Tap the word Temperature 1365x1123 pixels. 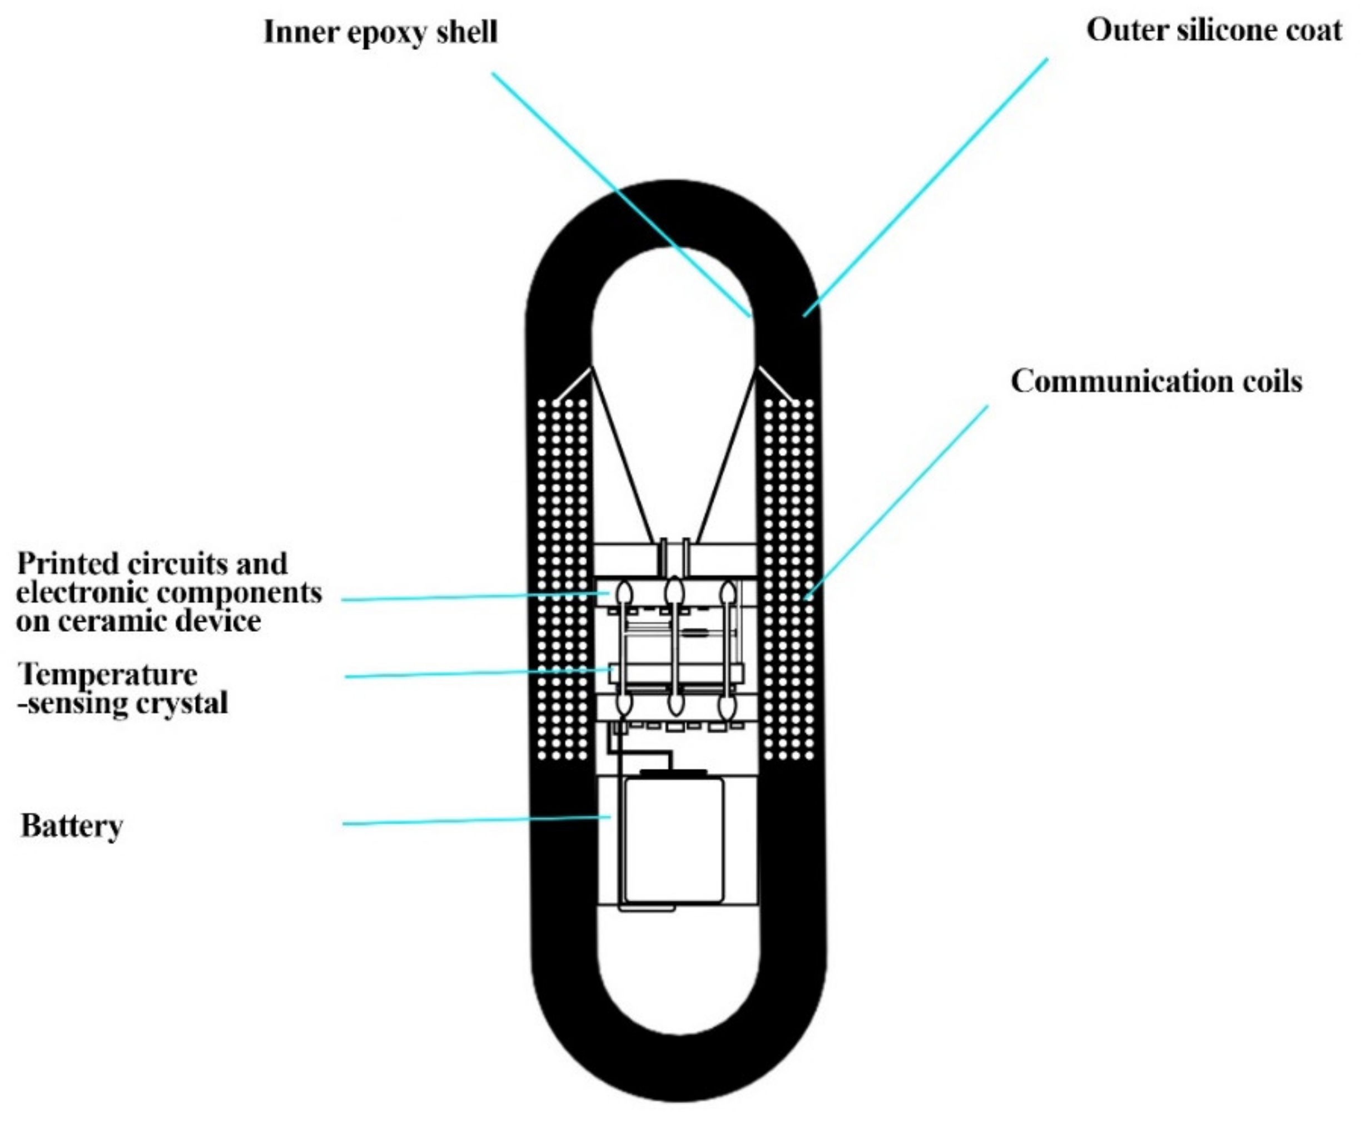point(107,675)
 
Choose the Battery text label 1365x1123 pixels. point(72,826)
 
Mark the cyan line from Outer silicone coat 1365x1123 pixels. point(925,187)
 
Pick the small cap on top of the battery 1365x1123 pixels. point(673,773)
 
